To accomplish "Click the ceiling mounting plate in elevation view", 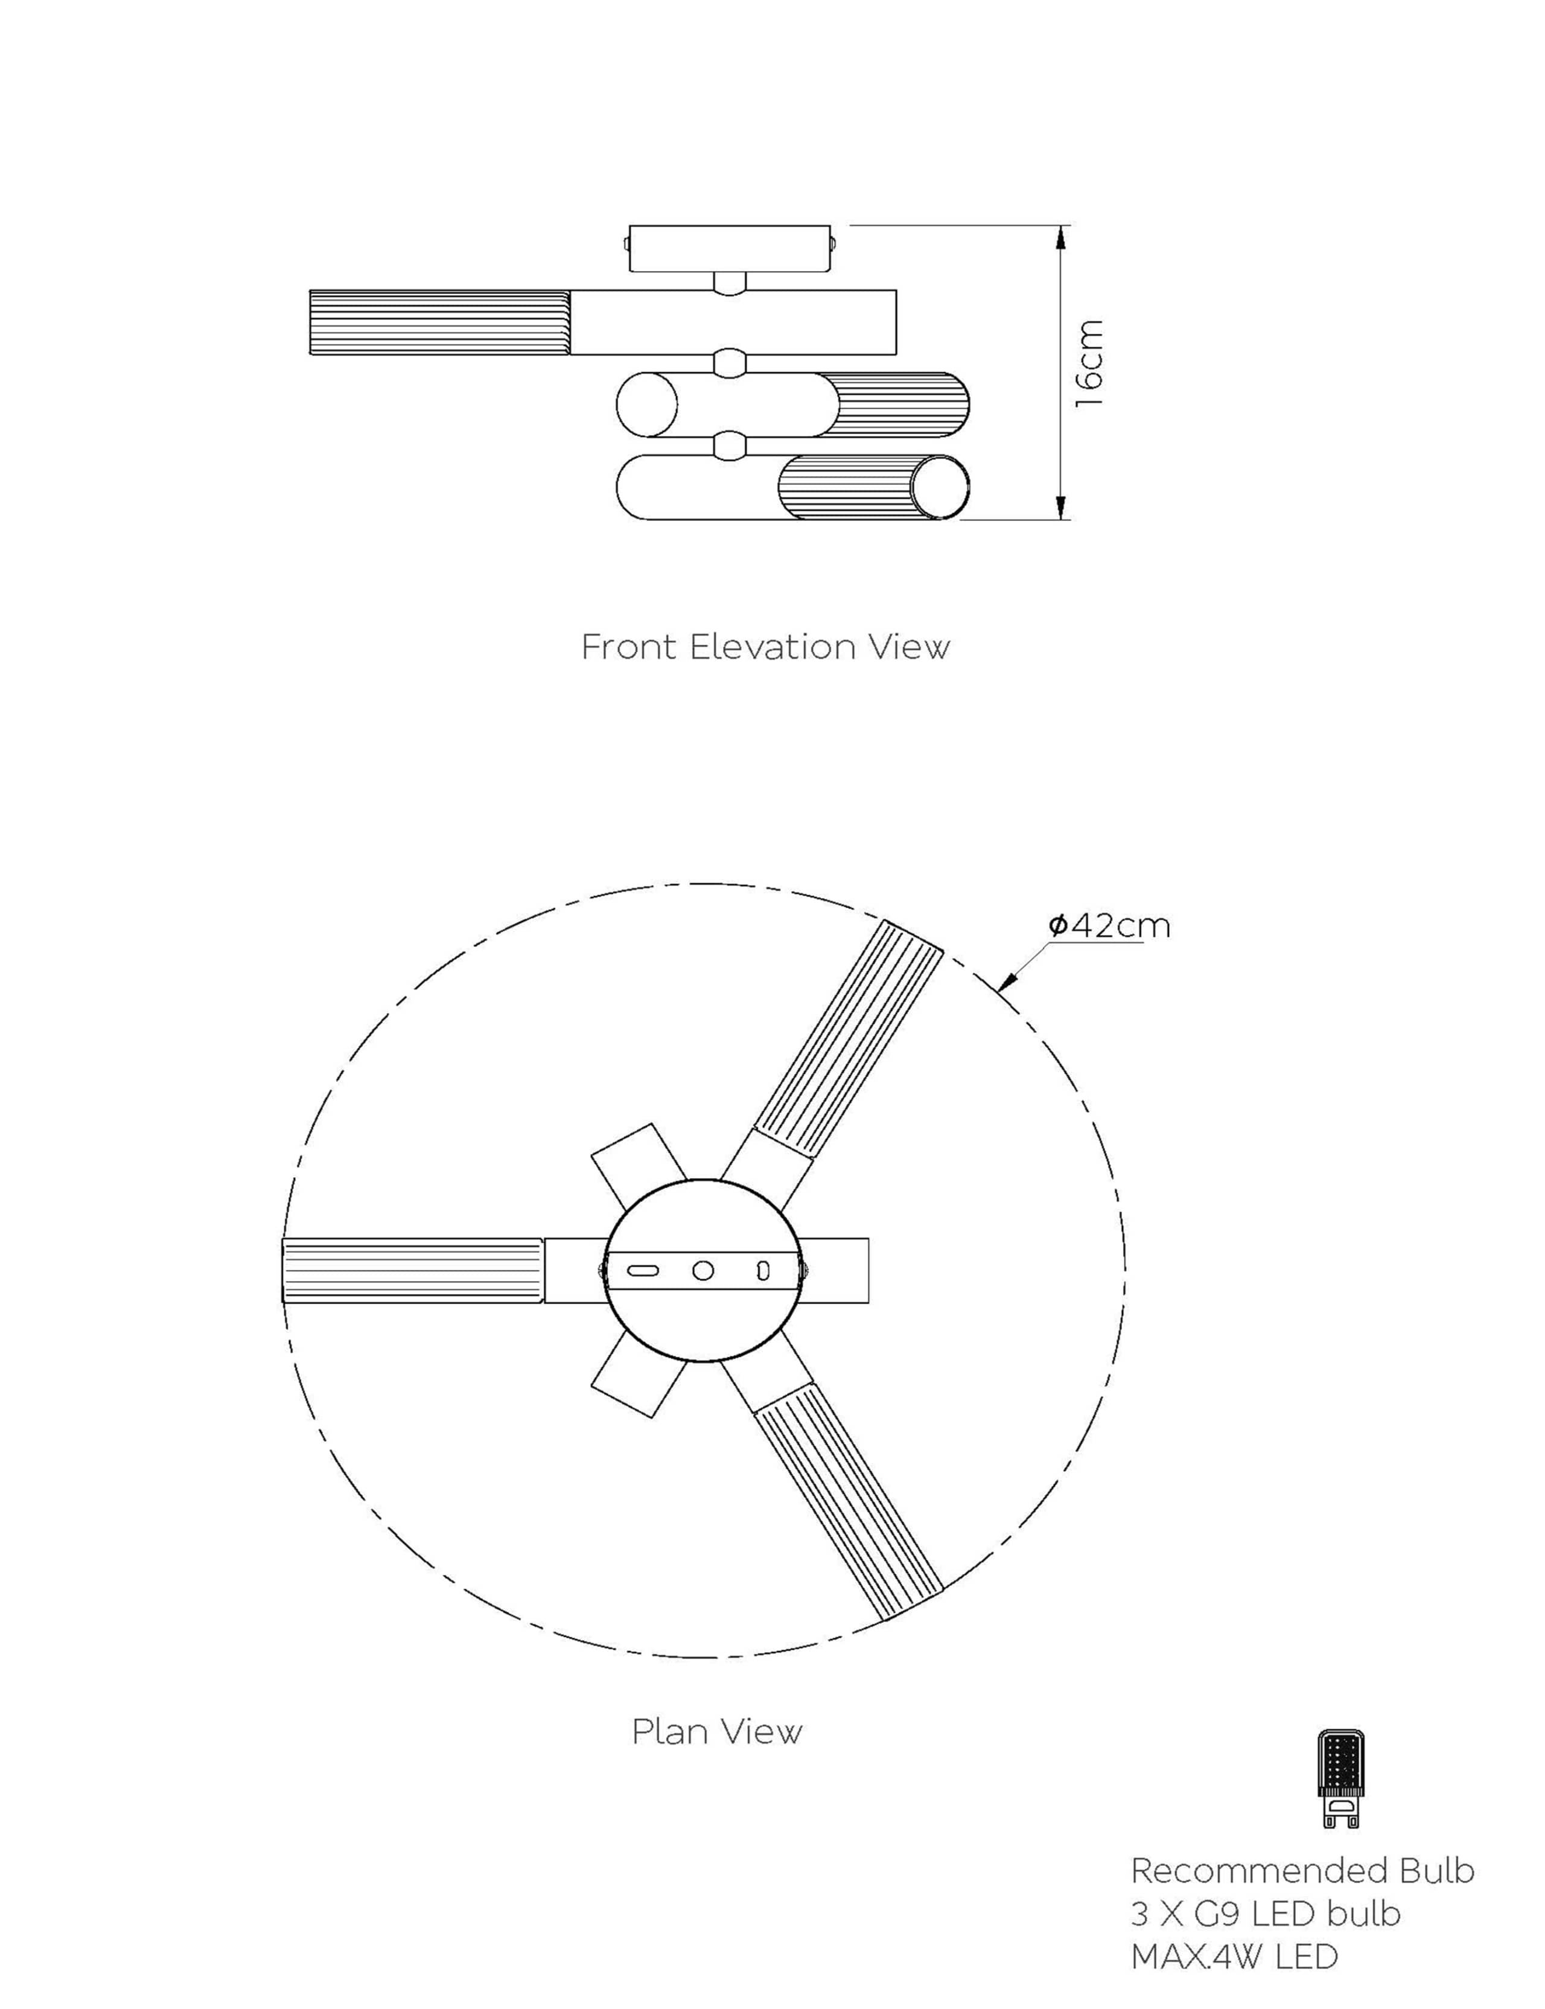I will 731,248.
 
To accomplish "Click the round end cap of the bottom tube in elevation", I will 940,488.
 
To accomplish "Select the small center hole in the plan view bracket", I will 704,1270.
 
